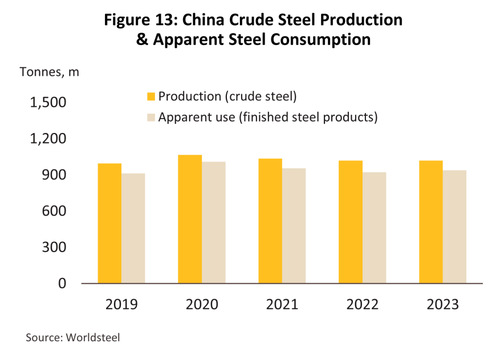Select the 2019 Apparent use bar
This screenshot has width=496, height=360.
[133, 228]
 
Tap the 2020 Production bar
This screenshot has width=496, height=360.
[190, 219]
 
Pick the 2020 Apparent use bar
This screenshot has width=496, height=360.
[214, 223]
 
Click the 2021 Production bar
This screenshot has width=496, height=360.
[270, 221]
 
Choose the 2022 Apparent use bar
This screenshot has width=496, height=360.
[375, 228]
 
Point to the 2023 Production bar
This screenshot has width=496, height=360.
[431, 222]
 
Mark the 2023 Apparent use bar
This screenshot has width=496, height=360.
[455, 226]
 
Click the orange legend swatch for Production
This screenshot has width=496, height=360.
[151, 96]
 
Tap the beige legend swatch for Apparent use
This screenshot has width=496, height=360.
[151, 118]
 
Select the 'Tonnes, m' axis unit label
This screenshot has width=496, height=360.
[50, 72]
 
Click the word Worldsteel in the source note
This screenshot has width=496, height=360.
[92, 337]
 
